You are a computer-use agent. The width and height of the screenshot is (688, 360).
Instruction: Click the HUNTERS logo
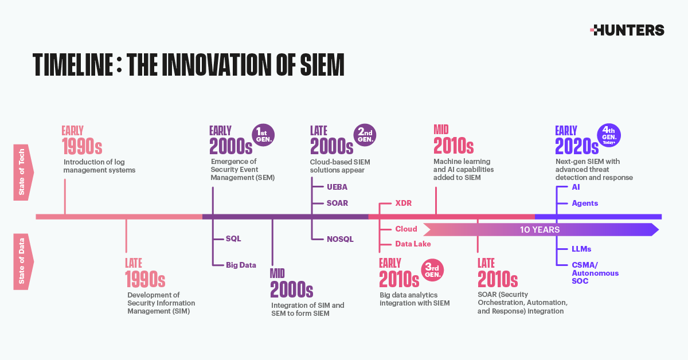pyautogui.click(x=627, y=30)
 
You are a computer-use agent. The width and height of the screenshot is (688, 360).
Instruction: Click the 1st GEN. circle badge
pyautogui.click(x=265, y=135)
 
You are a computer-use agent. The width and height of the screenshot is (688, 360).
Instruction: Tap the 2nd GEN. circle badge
pyautogui.click(x=365, y=135)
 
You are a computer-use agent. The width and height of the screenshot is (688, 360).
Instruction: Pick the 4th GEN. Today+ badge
pyautogui.click(x=609, y=135)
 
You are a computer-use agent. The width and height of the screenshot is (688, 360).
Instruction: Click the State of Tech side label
pyautogui.click(x=22, y=171)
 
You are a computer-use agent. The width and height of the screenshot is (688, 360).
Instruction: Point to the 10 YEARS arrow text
pyautogui.click(x=540, y=230)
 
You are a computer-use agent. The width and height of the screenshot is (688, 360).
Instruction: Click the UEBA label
pyautogui.click(x=337, y=187)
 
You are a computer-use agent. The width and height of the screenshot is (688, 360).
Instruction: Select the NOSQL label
pyautogui.click(x=340, y=238)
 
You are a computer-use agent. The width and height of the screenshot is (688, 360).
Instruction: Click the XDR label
pyautogui.click(x=404, y=204)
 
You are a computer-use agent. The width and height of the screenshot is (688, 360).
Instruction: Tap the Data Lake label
pyautogui.click(x=413, y=244)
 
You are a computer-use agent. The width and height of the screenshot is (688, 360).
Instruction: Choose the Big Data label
pyautogui.click(x=241, y=265)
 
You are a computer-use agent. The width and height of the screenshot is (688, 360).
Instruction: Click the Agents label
pyautogui.click(x=585, y=203)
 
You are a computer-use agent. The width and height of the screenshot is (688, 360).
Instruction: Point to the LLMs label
pyautogui.click(x=581, y=249)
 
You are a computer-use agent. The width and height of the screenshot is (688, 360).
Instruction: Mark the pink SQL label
pyautogui.click(x=233, y=238)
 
